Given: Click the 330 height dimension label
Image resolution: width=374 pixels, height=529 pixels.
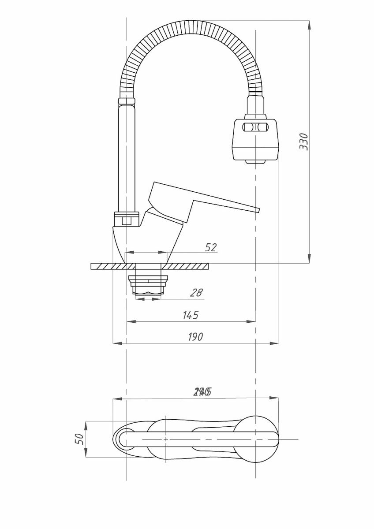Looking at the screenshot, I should (304, 141).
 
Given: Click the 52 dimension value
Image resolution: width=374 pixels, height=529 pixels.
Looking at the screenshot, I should (211, 247).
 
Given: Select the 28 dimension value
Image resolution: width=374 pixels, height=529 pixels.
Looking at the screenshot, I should (196, 292).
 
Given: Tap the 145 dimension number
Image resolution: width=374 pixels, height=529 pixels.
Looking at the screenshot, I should (190, 315).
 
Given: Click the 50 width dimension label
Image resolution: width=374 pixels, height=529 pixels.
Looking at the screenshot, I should (80, 439).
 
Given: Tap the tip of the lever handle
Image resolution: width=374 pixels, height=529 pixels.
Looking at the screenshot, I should (257, 210).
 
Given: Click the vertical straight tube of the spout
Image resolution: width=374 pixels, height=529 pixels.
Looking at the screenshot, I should (127, 159).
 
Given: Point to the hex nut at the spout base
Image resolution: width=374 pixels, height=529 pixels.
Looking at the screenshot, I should (127, 219).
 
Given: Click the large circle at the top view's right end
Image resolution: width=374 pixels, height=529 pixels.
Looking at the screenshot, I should (256, 439).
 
